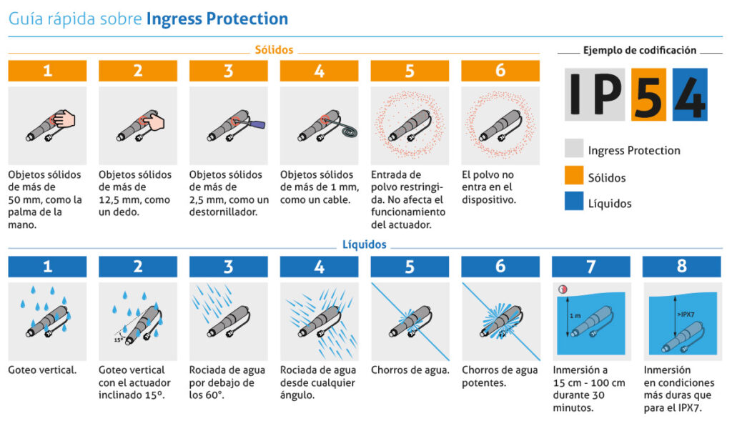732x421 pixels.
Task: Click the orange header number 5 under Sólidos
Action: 410,71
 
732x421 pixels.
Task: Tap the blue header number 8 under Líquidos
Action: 681,267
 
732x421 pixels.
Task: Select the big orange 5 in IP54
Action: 648,94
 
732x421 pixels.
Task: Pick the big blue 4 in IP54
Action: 690,94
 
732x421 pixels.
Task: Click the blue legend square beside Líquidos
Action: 573,202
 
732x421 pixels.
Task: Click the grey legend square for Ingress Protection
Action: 573,149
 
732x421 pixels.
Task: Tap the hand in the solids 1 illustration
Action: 64,119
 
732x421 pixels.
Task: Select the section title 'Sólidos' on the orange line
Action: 274,51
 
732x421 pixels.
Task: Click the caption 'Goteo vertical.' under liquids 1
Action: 42,370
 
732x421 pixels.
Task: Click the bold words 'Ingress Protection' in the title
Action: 217,19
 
